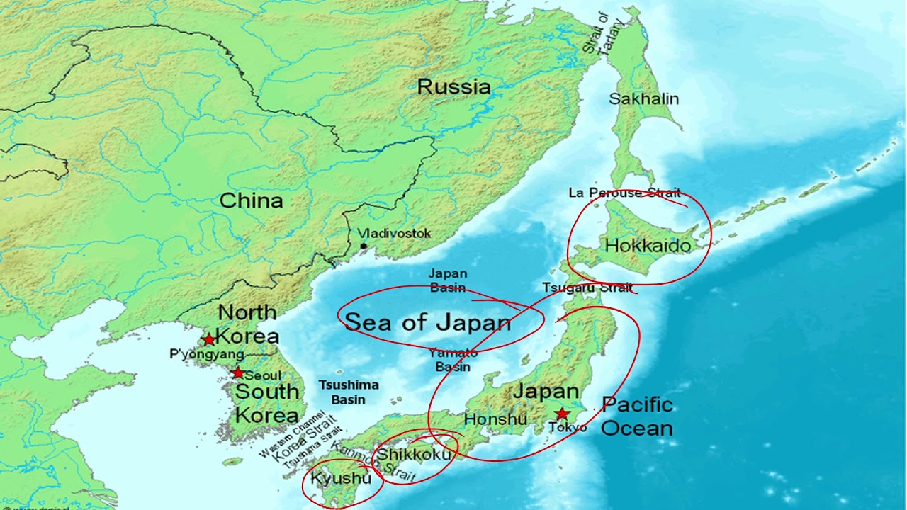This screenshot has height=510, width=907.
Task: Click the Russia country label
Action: point(453,87)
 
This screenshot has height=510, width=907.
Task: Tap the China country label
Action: point(251,200)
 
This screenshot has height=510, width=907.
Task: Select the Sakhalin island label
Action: point(643,99)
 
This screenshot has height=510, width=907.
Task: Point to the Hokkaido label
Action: point(648,246)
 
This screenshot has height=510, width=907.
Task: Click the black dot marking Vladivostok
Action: point(364,246)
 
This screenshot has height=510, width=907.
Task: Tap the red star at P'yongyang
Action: point(209,339)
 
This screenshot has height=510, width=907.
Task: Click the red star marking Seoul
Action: point(238,373)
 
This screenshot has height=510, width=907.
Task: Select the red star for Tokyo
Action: point(562,413)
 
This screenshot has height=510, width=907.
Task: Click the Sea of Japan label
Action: point(427,323)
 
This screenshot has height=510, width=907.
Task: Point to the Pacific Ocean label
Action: point(637,416)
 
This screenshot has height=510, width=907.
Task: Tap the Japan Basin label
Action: point(448,280)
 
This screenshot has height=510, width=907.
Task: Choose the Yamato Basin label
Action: point(453,360)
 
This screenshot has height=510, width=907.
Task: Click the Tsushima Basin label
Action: point(348,392)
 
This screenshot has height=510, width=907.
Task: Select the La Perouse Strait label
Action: point(624,193)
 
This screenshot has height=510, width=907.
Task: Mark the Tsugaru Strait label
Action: point(587,288)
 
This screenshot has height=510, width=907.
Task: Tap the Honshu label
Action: point(495,419)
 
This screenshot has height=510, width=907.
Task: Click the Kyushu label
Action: point(340,479)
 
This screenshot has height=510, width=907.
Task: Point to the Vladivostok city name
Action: point(393,233)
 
